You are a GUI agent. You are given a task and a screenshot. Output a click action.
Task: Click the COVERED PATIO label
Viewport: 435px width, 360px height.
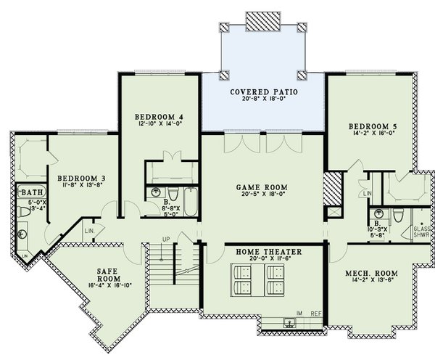[x=263, y=92]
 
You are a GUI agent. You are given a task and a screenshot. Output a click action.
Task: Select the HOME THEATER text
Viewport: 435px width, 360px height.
[x=268, y=251]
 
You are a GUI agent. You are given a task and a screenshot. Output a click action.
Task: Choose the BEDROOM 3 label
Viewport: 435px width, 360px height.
[x=82, y=176]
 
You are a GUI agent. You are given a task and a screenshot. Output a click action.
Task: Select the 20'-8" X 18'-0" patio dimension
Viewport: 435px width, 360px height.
[x=263, y=100]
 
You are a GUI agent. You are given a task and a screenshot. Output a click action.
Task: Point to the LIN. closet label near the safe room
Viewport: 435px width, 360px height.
[x=89, y=231]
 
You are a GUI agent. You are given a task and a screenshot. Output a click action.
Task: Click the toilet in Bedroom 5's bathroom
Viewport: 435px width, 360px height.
[x=397, y=216]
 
